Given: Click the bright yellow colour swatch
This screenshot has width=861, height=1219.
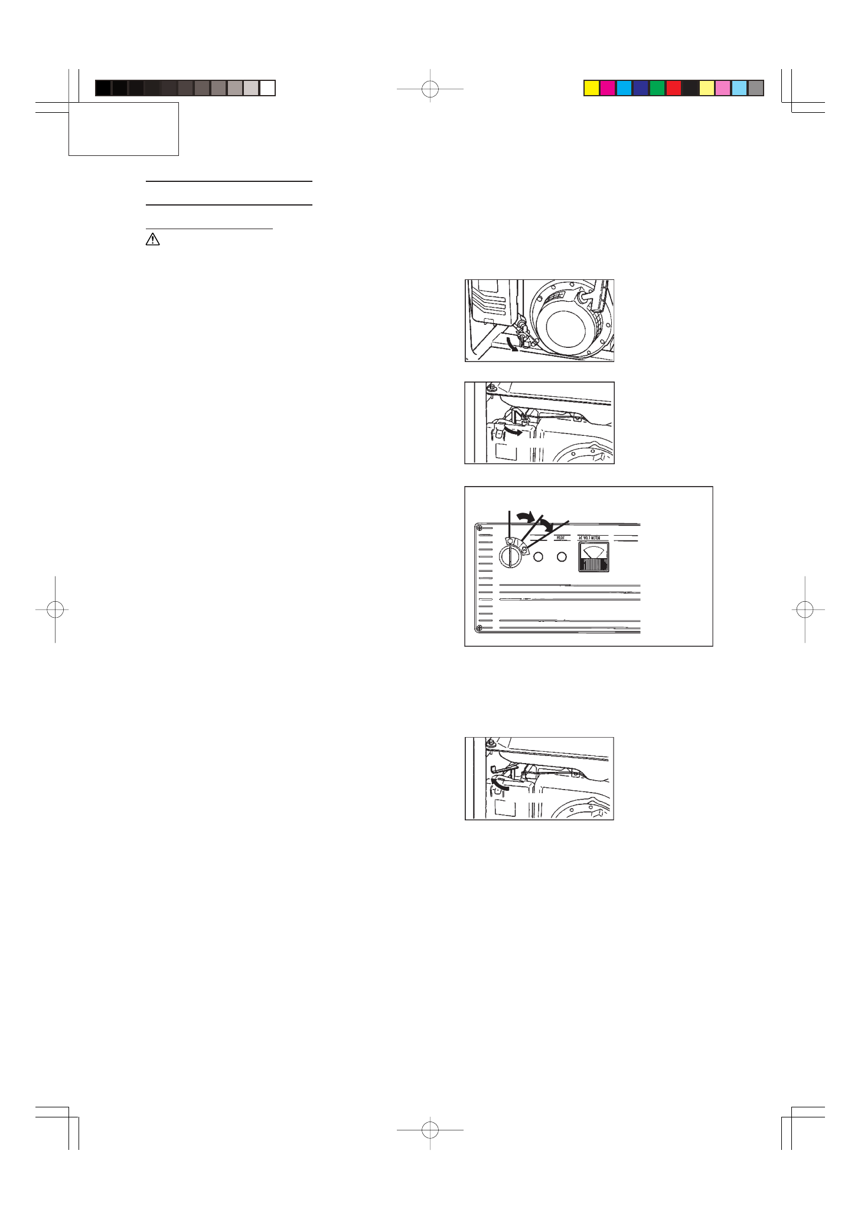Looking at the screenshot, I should (x=591, y=88).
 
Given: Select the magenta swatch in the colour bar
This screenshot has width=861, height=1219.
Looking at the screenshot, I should (x=608, y=88).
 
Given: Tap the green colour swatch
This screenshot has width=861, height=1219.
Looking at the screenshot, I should (x=657, y=88).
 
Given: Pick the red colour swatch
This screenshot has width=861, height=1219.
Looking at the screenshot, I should (x=674, y=88).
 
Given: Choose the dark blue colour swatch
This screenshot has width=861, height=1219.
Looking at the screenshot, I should (x=641, y=88).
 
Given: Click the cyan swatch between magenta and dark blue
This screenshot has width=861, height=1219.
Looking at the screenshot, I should (x=624, y=88).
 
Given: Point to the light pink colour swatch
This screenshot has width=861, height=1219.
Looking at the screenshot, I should (x=723, y=88).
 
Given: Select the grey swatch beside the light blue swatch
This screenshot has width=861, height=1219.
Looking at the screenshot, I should (x=756, y=88).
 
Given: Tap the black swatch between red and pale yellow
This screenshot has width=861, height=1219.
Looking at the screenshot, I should (x=690, y=88).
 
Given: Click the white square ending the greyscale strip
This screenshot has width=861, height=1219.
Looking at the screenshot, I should (x=268, y=88).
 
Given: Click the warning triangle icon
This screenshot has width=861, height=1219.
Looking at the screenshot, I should (x=152, y=239).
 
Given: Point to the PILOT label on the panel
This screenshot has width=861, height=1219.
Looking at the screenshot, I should (x=561, y=538).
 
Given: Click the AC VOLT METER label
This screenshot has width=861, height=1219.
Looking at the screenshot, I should (x=589, y=538).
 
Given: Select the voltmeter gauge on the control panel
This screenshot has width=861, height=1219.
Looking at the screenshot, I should (x=593, y=558).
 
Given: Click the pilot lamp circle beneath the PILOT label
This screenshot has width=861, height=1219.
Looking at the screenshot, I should (x=562, y=557).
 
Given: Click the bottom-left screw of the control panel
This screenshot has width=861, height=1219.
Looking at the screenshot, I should (x=480, y=628).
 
